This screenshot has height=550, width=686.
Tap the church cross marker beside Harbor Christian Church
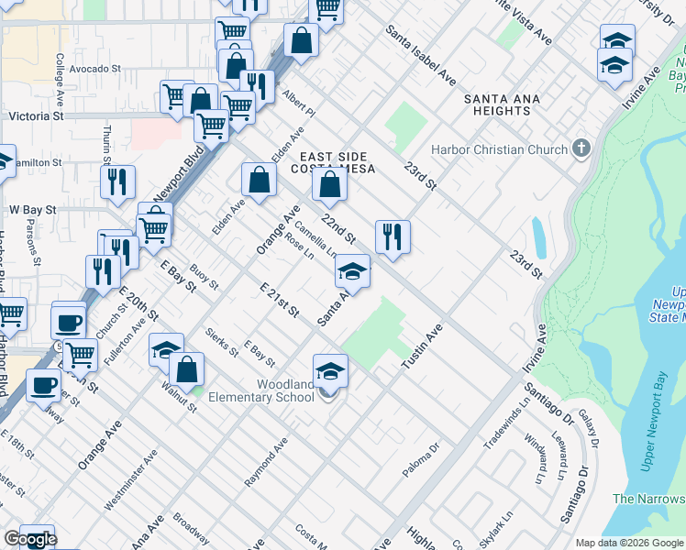click(580, 148)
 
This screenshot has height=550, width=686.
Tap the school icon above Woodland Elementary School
click(330, 371)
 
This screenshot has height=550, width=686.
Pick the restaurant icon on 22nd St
click(393, 236)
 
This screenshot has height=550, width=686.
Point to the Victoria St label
click(36, 117)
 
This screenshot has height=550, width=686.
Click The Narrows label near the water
click(647, 499)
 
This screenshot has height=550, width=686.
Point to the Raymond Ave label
click(266, 461)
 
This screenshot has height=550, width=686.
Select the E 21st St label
click(280, 301)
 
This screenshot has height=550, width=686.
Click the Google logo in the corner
click(29, 540)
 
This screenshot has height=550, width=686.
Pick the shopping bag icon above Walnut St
click(186, 369)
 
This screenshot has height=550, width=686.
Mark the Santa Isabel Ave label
click(420, 57)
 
